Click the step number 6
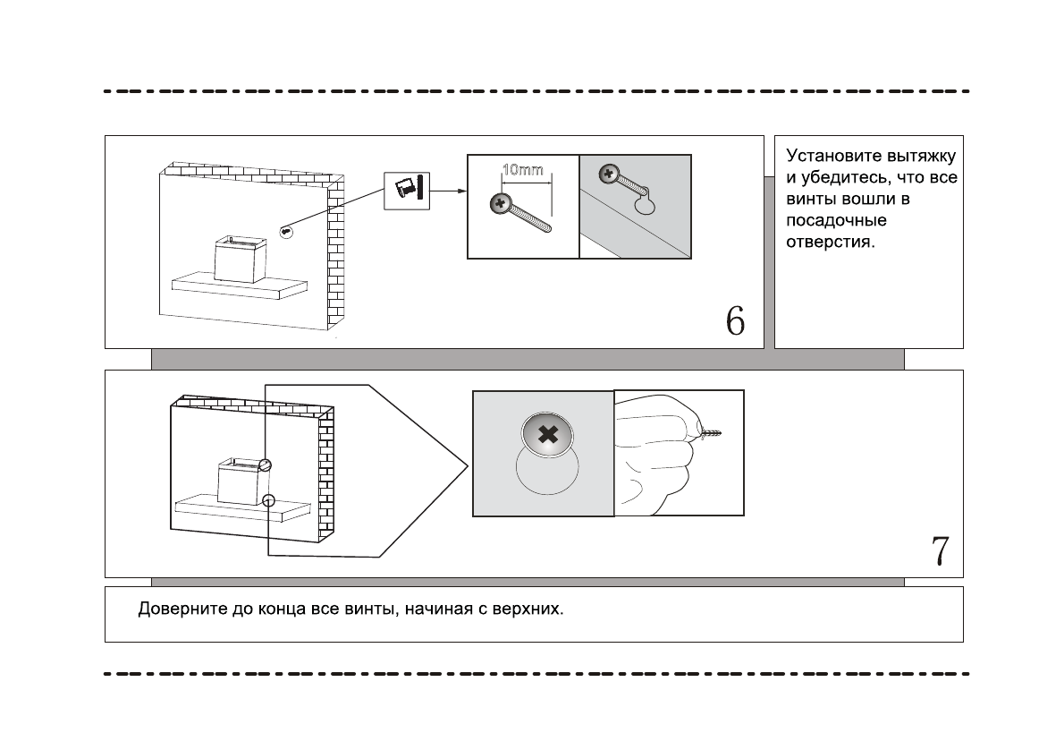tap(735, 320)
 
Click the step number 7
tap(940, 550)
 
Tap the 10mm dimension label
tap(521, 170)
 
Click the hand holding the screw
tap(657, 456)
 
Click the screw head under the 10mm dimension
tap(499, 204)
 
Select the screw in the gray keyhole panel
tap(612, 173)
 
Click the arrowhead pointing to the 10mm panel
tap(460, 191)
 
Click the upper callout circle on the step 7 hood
tap(265, 464)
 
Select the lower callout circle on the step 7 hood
tap(269, 500)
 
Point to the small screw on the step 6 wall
tap(286, 231)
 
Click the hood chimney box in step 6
tap(241, 259)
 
